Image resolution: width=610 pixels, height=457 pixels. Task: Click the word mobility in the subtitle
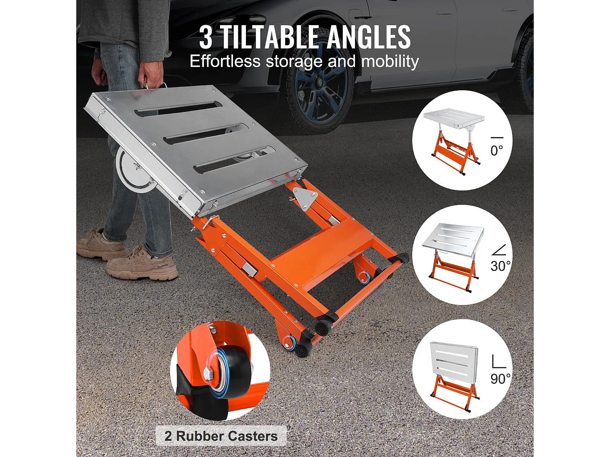click(x=390, y=62)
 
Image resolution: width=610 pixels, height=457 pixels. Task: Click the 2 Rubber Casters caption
click(x=221, y=436)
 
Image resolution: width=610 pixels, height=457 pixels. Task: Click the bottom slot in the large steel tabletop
click(x=235, y=160)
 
